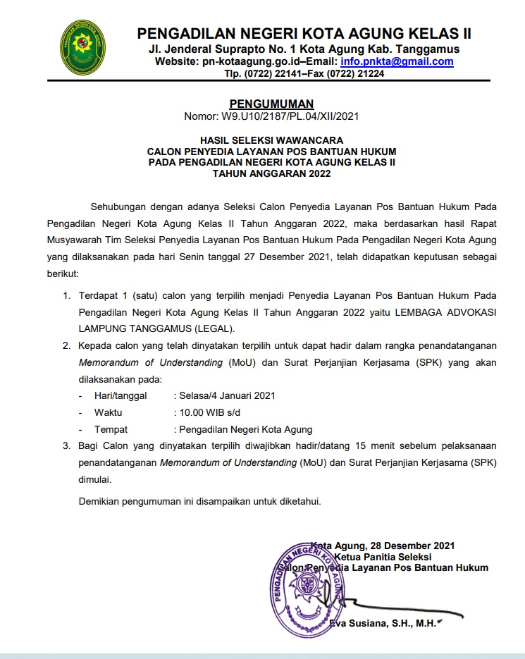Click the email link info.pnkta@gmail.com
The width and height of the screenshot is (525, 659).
pyautogui.click(x=397, y=61)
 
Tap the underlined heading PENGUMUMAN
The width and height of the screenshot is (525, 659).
pyautogui.click(x=271, y=104)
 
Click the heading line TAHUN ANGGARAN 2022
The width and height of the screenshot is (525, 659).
pyautogui.click(x=271, y=173)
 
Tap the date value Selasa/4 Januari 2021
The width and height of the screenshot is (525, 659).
pyautogui.click(x=227, y=395)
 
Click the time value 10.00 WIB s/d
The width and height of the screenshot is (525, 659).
pyautogui.click(x=213, y=412)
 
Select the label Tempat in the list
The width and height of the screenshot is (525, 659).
pyautogui.click(x=111, y=429)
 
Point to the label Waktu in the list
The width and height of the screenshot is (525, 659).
pyautogui.click(x=109, y=412)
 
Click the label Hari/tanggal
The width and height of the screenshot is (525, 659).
pyautogui.click(x=122, y=395)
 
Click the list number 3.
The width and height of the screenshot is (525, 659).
pyautogui.click(x=67, y=445)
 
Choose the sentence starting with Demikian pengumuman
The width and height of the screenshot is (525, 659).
pyautogui.click(x=199, y=501)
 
